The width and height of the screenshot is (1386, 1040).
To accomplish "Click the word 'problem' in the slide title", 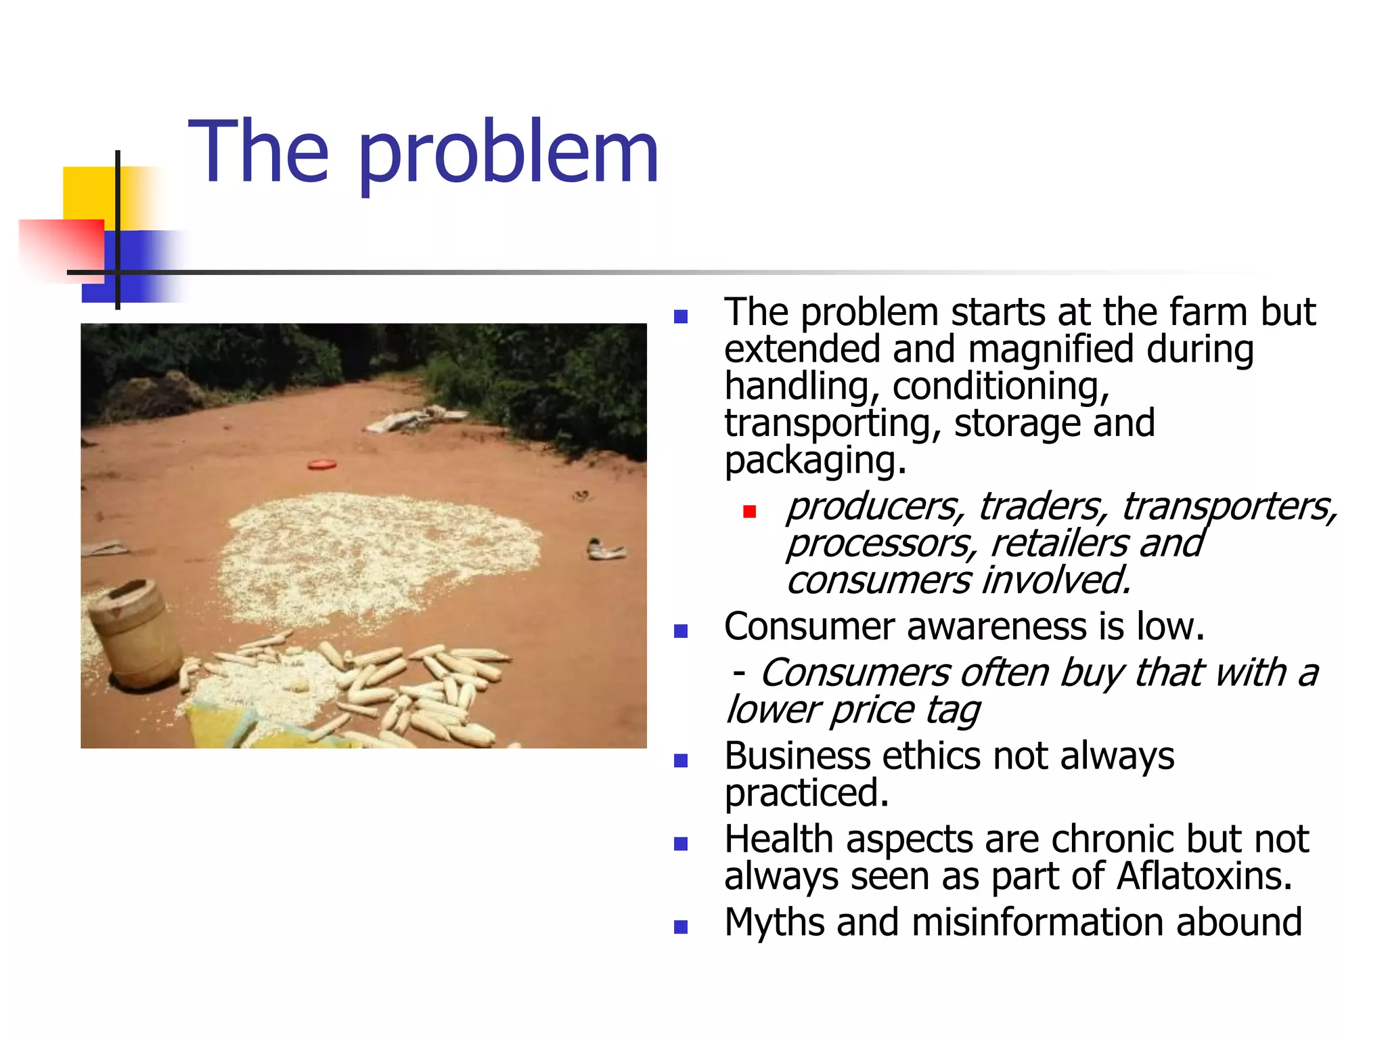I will tap(508, 154).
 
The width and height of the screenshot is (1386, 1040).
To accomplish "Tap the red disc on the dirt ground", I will tap(322, 464).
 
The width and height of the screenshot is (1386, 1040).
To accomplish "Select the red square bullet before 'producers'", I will tap(749, 511).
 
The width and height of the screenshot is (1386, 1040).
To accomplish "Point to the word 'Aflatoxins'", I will tap(1203, 876).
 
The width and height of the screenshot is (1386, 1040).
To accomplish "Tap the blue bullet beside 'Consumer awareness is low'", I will tap(681, 631).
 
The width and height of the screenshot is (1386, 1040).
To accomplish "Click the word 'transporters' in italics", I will tap(1228, 507).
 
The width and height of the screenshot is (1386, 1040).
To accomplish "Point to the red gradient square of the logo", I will tap(61, 248).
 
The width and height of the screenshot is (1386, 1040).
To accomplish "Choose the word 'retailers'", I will tap(1058, 544).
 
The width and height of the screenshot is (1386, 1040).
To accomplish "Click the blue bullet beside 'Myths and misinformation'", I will tap(681, 927).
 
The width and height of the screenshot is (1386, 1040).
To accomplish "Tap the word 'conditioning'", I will tap(1000, 387).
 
